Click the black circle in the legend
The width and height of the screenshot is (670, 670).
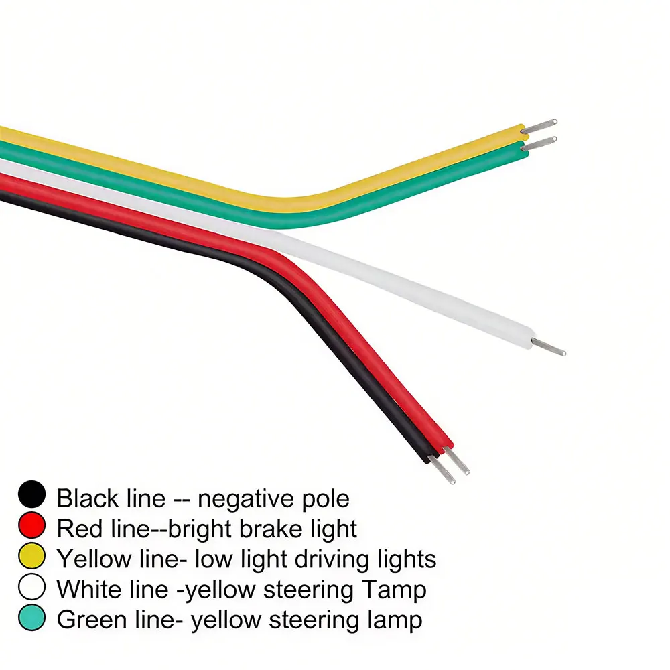click(31, 494)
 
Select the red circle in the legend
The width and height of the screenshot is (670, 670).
click(31, 525)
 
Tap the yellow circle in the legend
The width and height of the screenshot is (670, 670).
click(31, 555)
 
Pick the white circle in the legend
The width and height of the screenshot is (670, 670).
click(31, 587)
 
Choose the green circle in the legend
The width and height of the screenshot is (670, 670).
click(31, 618)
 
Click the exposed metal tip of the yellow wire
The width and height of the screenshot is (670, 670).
click(539, 126)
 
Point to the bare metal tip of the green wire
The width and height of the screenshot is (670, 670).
click(539, 144)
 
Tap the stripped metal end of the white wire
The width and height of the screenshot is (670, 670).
click(549, 346)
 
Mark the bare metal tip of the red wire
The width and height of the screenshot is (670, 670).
click(457, 460)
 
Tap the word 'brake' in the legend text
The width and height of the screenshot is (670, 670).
click(270, 529)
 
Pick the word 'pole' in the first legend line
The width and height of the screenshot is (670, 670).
click(326, 499)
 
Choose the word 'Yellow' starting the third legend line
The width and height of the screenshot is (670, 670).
click(94, 559)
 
